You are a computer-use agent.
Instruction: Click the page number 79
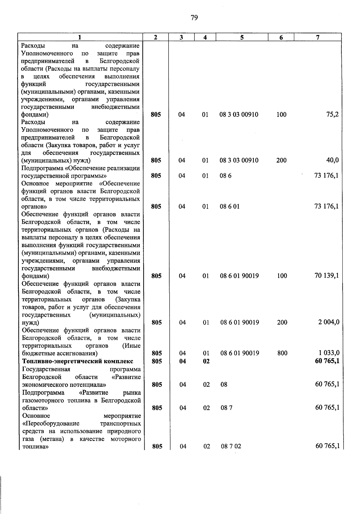194,18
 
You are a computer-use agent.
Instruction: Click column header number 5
242,37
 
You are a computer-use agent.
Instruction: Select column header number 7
318,37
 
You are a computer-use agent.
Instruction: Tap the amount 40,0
332,160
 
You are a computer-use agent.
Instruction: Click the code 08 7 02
231,446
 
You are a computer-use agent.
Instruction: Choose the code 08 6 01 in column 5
229,206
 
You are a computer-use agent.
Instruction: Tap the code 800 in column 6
282,353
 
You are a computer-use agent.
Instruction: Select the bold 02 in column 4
206,361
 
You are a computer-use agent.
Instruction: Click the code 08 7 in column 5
226,408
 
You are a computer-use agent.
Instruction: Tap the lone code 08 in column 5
224,384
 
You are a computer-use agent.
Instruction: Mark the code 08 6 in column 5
226,176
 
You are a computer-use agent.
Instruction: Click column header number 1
79,37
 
